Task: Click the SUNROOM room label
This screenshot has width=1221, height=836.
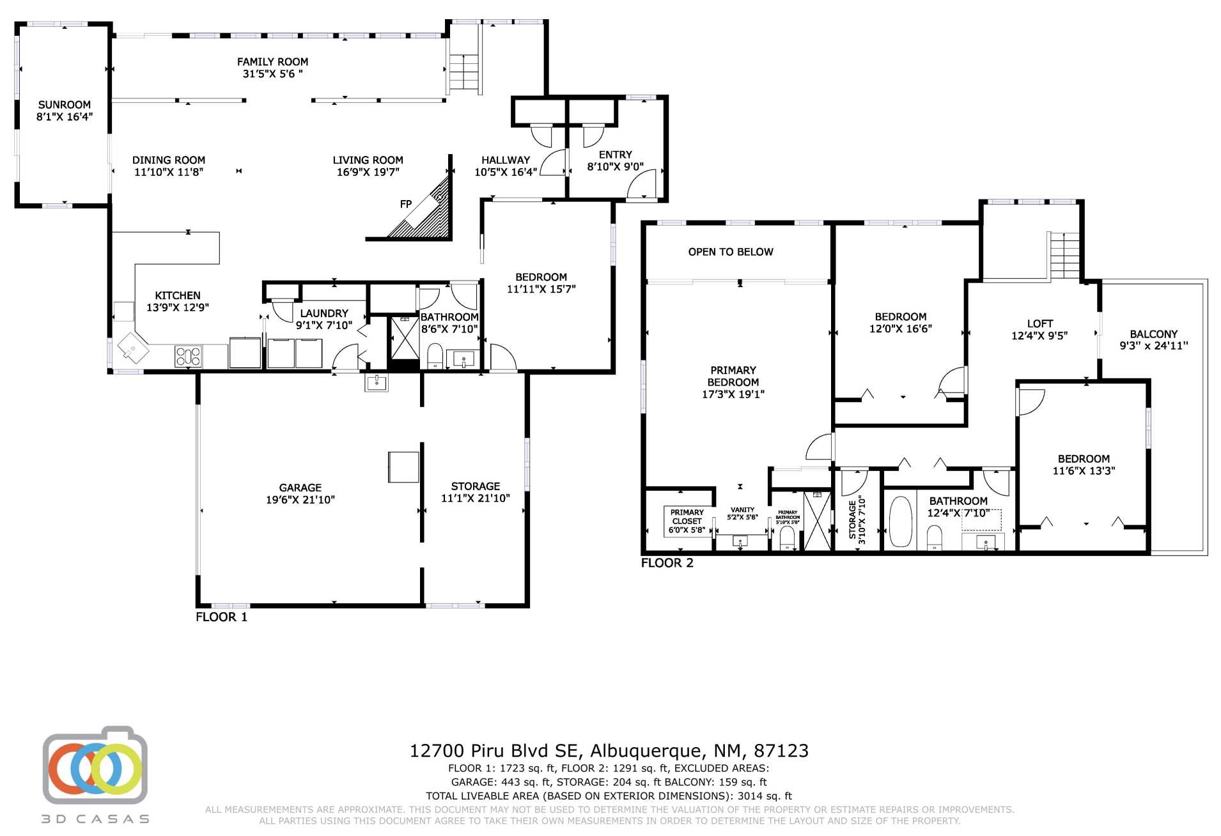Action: coord(65,105)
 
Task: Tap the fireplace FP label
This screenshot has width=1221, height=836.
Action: coord(406,205)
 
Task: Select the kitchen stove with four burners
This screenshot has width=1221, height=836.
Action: coord(188,356)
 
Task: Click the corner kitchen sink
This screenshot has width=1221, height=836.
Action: coord(133,348)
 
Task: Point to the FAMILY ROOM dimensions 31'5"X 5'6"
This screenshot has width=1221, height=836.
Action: coord(273,74)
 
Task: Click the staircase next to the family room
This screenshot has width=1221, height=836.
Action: coord(464,72)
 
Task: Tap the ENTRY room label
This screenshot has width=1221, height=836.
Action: coord(616,155)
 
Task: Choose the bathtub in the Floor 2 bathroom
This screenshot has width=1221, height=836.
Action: coord(900,522)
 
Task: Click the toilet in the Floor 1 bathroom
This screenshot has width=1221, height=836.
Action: coord(435,355)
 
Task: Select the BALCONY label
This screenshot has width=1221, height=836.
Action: coord(1154,334)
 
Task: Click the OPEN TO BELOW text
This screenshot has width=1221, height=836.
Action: coord(731,252)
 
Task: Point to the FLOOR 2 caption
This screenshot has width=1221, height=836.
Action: coord(667,563)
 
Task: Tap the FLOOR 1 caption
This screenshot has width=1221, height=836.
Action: coord(221,617)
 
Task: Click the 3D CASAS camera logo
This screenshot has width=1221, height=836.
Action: coord(95,765)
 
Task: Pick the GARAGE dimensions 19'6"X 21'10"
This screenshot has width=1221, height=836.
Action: coord(300,500)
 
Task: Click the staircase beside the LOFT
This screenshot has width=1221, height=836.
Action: coord(1065,255)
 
